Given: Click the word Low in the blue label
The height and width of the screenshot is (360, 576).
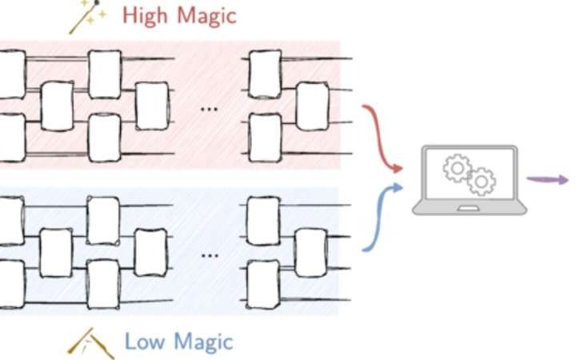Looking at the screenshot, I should tap(144, 342).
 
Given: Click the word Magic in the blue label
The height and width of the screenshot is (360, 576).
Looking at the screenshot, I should tap(201, 342).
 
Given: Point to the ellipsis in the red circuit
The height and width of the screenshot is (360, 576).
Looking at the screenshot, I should tap(209, 109).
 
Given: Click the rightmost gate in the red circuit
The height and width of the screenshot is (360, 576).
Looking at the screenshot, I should tap(312, 106).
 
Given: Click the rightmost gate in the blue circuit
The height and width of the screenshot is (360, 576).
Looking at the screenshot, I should tap(311, 252).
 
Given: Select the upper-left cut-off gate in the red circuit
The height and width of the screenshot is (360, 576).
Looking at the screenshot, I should tap(10, 74).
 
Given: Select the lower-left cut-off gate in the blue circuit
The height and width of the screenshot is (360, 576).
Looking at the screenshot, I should tap(10, 283).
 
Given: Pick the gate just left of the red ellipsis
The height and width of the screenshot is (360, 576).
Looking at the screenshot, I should tap(152, 106).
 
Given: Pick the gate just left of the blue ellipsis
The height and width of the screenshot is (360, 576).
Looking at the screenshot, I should tap(150, 252).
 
